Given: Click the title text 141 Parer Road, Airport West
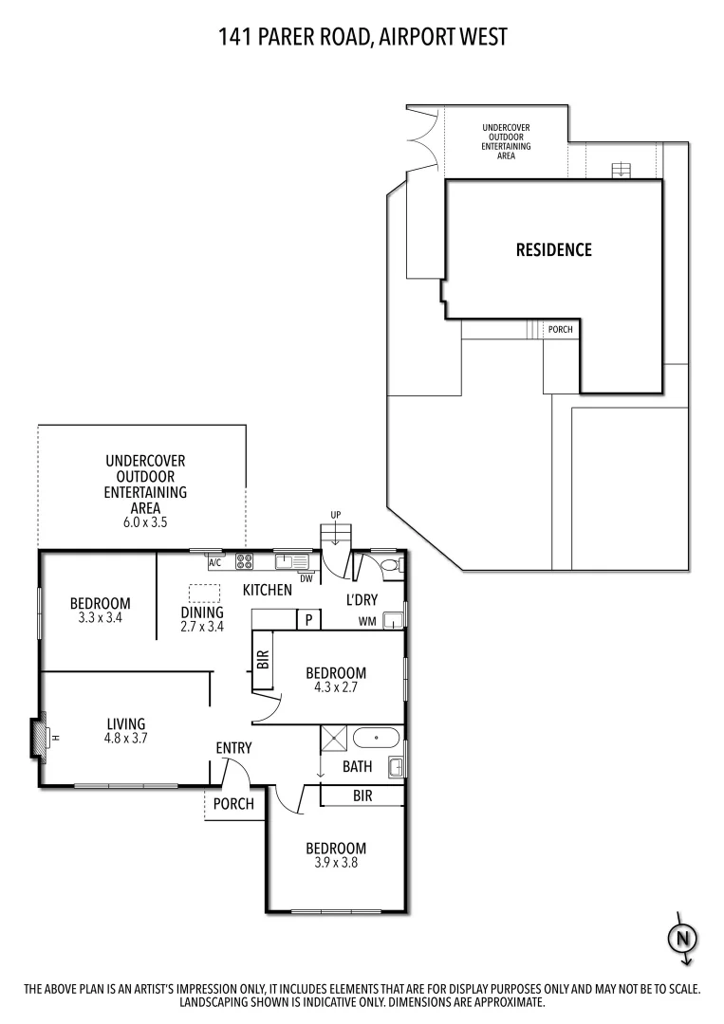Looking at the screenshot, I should pyautogui.click(x=362, y=37).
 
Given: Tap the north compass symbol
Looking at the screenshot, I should pyautogui.click(x=681, y=939).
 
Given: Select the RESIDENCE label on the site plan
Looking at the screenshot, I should pyautogui.click(x=553, y=250).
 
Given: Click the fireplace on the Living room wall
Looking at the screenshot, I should pyautogui.click(x=41, y=738).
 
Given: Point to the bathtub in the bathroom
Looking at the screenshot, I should pyautogui.click(x=378, y=738).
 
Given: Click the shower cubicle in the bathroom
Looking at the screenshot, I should pyautogui.click(x=333, y=738).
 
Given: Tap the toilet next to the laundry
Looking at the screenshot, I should pyautogui.click(x=390, y=567).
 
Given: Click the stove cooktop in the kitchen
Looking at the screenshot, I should pyautogui.click(x=244, y=561).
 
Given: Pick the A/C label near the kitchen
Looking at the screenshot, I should pyautogui.click(x=215, y=563).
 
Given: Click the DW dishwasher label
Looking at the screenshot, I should pyautogui.click(x=306, y=578).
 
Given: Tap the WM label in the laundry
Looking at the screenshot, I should pyautogui.click(x=367, y=622).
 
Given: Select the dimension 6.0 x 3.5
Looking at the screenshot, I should pyautogui.click(x=145, y=522).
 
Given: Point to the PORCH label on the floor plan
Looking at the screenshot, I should pyautogui.click(x=233, y=804).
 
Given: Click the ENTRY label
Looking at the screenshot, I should pyautogui.click(x=233, y=748).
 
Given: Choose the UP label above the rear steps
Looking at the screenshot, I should pyautogui.click(x=335, y=515).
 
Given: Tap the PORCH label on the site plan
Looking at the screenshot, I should pyautogui.click(x=561, y=330).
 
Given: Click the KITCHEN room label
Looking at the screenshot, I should pyautogui.click(x=267, y=591).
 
